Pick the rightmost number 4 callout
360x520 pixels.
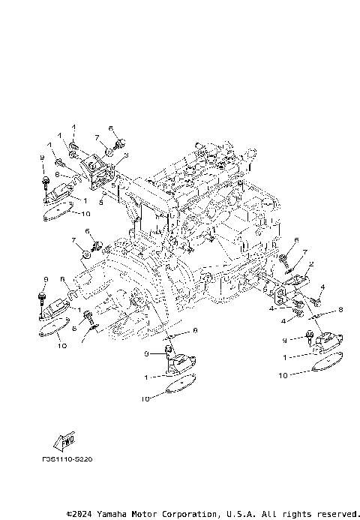[322, 287]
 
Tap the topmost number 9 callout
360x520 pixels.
[42, 157]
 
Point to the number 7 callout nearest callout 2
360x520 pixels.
[305, 252]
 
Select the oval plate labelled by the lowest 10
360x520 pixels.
[178, 386]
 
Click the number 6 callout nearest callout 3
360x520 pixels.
[110, 128]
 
